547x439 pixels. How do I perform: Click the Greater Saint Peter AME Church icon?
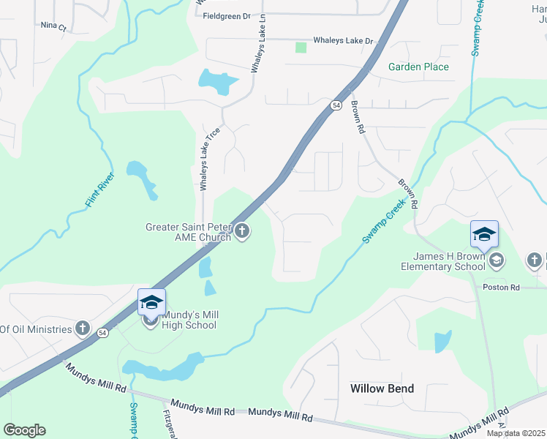click(242, 233)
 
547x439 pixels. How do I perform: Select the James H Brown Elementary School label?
click(448, 261)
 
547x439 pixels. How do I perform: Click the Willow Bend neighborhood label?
click(382, 389)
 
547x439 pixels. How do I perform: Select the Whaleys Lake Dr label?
click(343, 41)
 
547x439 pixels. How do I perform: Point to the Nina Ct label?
click(53, 26)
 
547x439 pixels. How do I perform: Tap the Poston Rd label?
click(501, 288)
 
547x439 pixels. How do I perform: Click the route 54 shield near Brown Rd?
click(336, 105)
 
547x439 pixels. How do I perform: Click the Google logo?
click(25, 430)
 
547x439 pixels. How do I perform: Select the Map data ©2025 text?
click(516, 433)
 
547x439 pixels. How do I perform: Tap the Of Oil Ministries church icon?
click(83, 329)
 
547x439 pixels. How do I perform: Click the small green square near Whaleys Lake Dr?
click(301, 48)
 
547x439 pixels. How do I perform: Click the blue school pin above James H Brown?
click(484, 234)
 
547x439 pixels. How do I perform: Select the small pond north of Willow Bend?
click(443, 342)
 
